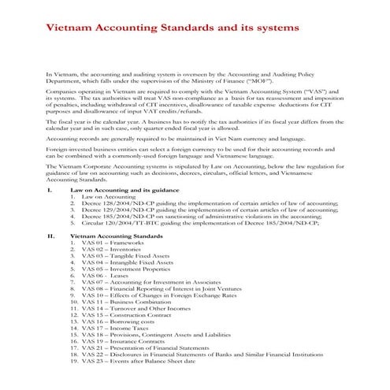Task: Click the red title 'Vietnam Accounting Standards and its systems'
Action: [174, 28]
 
